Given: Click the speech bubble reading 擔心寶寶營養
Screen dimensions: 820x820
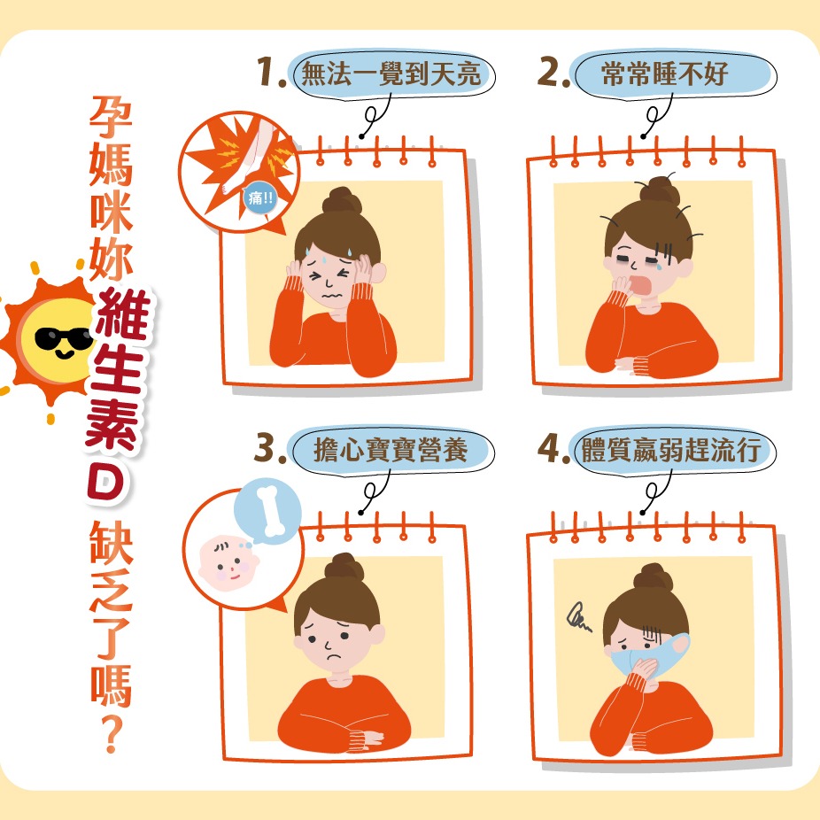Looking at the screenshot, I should coord(391,450).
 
